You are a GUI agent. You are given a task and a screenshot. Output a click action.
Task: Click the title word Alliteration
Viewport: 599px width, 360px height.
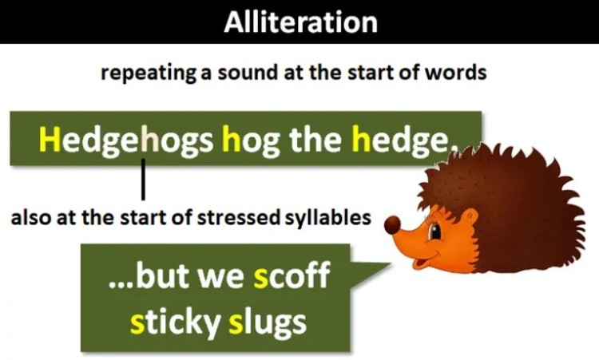pyautogui.click(x=299, y=22)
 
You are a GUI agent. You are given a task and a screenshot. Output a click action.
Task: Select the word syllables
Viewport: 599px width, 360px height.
pyautogui.click(x=328, y=217)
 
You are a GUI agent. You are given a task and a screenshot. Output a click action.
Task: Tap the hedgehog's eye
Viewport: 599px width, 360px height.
pyautogui.click(x=434, y=231)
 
